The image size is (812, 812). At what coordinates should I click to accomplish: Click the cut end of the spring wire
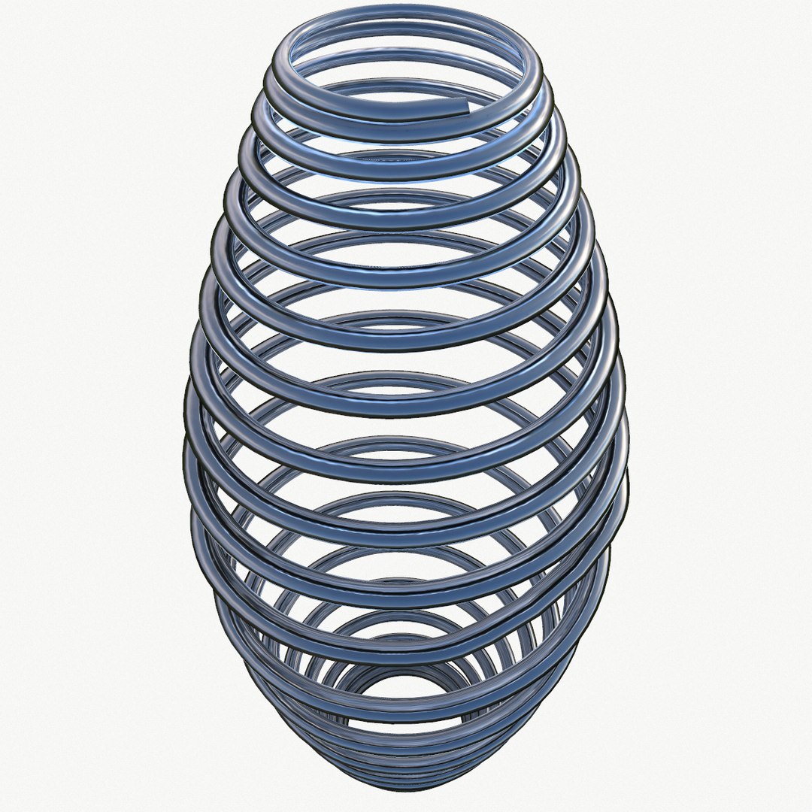click(471, 108)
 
